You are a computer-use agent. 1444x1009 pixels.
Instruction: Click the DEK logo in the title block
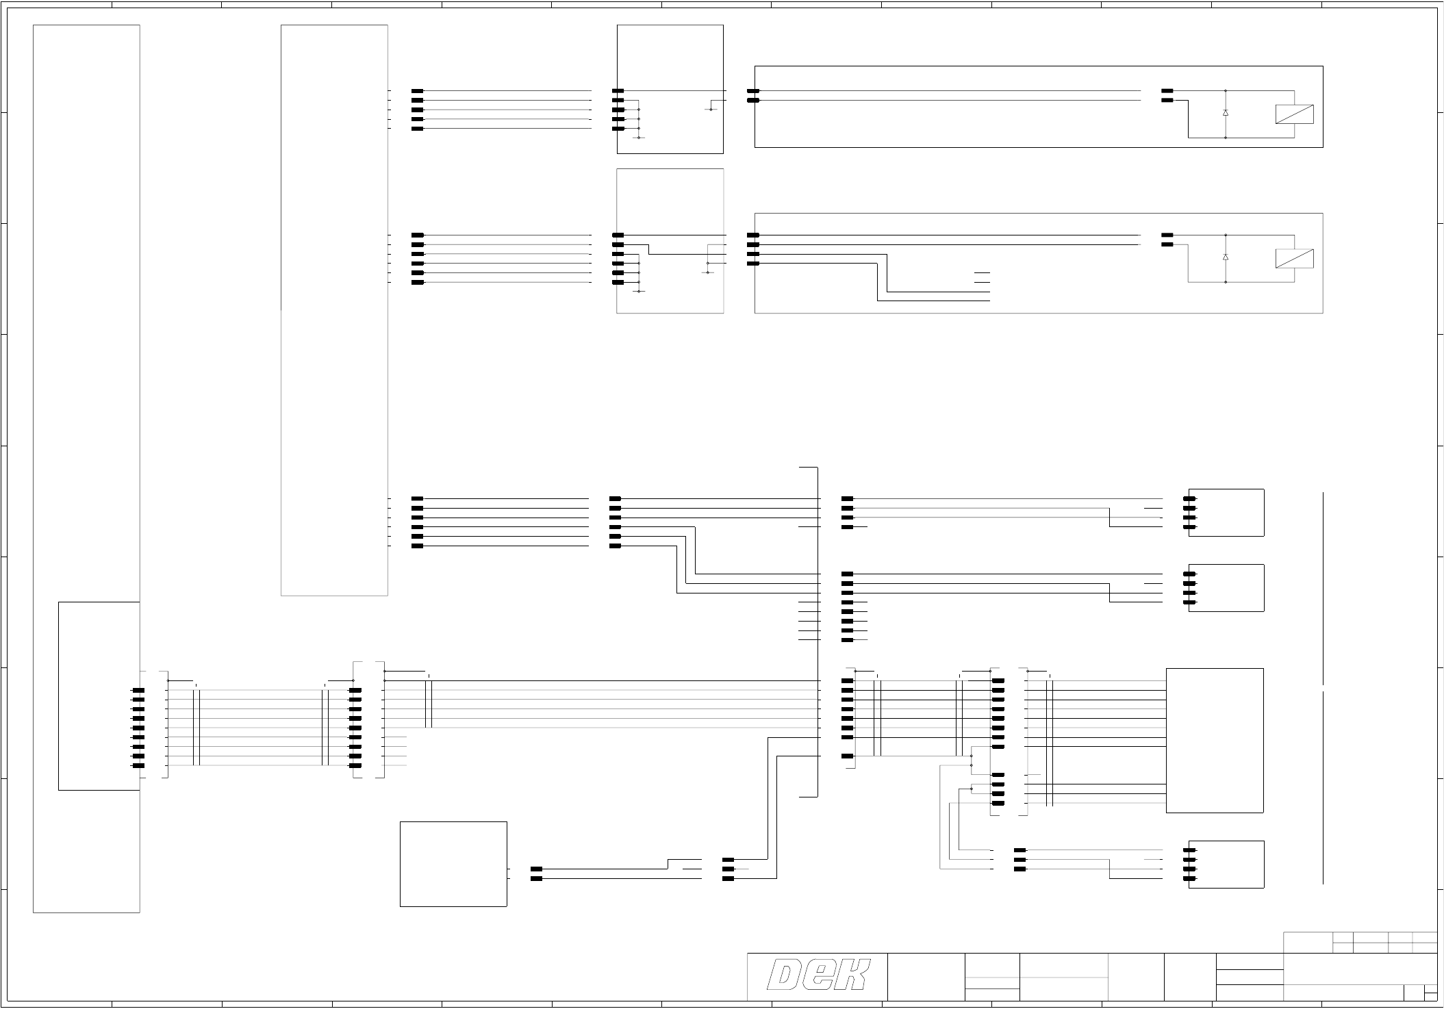pyautogui.click(x=818, y=975)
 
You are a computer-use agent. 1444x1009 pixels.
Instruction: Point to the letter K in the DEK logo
pyautogui.click(x=852, y=975)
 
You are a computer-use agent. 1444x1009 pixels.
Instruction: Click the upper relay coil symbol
pyautogui.click(x=1294, y=114)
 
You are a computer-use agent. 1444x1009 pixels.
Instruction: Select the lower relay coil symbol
pyautogui.click(x=1294, y=258)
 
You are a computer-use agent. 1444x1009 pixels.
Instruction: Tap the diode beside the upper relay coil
pyautogui.click(x=1225, y=112)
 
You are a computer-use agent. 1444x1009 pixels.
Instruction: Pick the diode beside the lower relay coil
pyautogui.click(x=1225, y=257)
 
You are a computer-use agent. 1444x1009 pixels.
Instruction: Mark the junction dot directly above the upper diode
pyautogui.click(x=1225, y=91)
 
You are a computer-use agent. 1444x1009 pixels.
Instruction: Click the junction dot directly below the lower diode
pyautogui.click(x=1225, y=281)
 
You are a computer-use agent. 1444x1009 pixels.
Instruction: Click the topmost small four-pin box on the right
pyautogui.click(x=1226, y=513)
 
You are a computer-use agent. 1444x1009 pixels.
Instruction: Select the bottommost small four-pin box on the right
pyautogui.click(x=1226, y=864)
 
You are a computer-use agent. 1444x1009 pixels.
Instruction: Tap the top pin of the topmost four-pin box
pyautogui.click(x=1189, y=499)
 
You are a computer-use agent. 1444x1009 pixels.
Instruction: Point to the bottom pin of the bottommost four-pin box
pyautogui.click(x=1189, y=878)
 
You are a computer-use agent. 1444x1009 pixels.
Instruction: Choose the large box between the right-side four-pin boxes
pyautogui.click(x=1214, y=740)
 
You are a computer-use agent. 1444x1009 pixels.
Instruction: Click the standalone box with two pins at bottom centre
pyautogui.click(x=453, y=864)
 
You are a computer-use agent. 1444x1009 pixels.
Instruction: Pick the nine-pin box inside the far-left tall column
pyautogui.click(x=99, y=695)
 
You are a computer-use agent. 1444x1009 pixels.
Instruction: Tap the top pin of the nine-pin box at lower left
pyautogui.click(x=138, y=691)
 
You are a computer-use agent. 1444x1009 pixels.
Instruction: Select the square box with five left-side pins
pyautogui.click(x=670, y=89)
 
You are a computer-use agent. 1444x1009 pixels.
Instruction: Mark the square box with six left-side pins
pyautogui.click(x=670, y=241)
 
